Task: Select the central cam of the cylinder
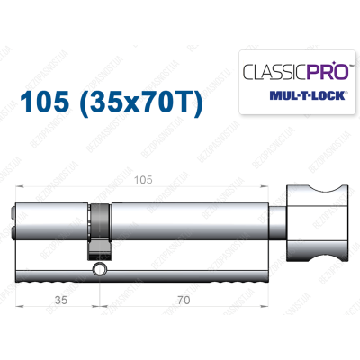tap(100, 229)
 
